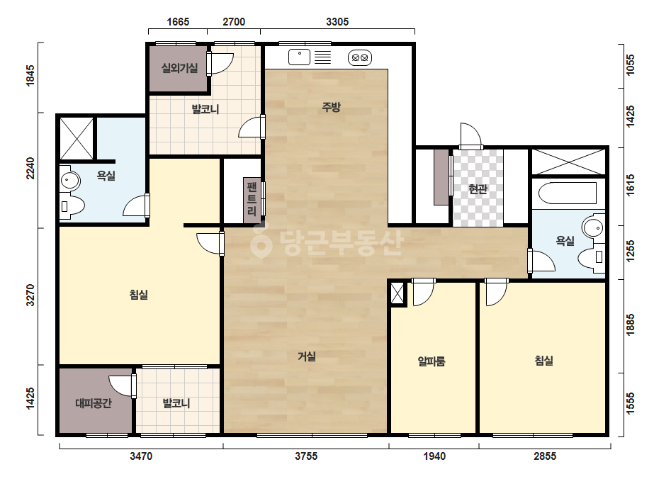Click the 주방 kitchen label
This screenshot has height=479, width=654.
[331, 107]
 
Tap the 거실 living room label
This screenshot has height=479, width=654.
[307, 356]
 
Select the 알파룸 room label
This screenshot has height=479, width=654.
[432, 361]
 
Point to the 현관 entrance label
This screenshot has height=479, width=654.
[478, 189]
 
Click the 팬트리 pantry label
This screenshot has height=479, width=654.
[252, 198]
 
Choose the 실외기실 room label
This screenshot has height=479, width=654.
[180, 67]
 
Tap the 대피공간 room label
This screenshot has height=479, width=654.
[94, 403]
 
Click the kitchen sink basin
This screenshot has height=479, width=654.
[300, 57]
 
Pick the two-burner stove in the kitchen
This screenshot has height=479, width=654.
[360, 57]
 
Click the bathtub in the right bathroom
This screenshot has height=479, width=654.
[568, 193]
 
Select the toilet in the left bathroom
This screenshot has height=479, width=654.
[72, 205]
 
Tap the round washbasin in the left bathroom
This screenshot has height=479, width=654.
[70, 181]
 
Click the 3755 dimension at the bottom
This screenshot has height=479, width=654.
[306, 456]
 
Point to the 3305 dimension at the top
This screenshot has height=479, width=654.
[337, 21]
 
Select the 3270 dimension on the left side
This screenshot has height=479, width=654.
[30, 295]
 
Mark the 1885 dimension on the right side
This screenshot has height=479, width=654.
[630, 325]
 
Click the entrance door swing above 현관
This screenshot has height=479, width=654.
[470, 135]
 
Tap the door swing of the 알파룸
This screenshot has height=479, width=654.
[423, 293]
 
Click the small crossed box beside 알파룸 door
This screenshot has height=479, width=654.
[398, 294]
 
